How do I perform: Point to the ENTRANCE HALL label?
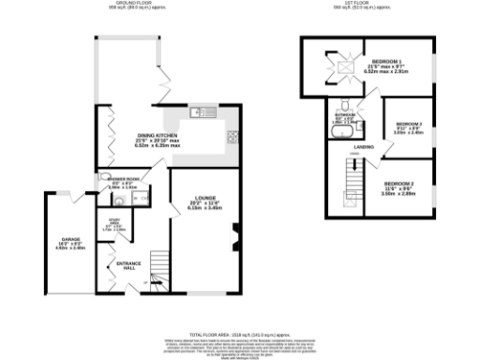pos(127,264)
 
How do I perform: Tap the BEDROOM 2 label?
pos(397,184)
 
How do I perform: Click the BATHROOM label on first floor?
pos(344,116)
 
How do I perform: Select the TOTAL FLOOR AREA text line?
pos(239,334)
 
